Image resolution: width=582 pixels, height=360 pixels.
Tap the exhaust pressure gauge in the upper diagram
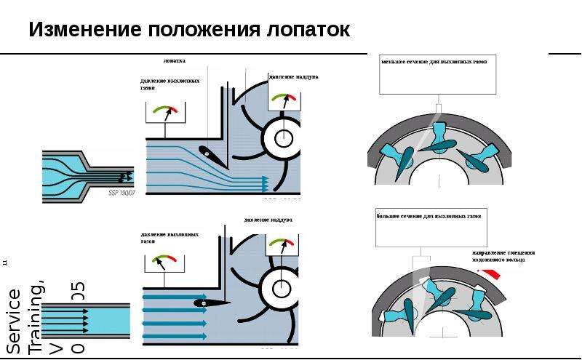coord(164,112)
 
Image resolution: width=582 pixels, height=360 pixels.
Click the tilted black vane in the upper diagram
coord(210,152)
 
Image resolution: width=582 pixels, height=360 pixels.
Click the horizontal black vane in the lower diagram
coord(211,303)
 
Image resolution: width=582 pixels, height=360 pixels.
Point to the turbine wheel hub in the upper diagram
coord(283,137)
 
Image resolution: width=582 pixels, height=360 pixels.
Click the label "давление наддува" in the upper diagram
coord(293,76)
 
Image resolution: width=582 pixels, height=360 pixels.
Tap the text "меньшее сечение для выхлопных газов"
coord(434,63)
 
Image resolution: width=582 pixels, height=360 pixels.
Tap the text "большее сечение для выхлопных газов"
coord(429,217)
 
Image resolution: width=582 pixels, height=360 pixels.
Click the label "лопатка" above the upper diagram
coord(174,62)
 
